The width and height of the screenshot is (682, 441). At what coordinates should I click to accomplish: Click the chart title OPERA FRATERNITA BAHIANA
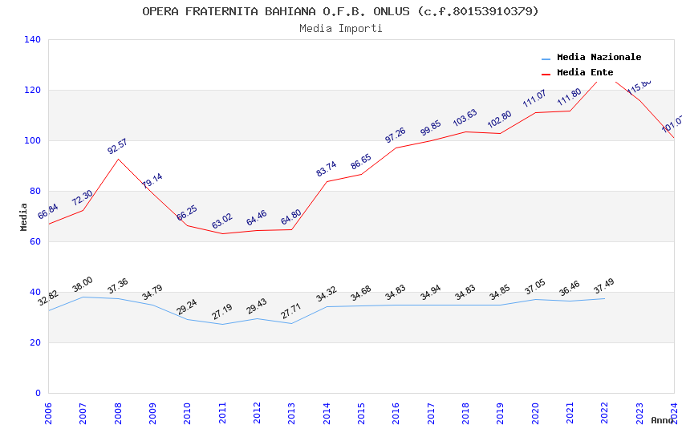[x=340, y=11]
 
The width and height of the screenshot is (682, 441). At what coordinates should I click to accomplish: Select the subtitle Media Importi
[x=340, y=29]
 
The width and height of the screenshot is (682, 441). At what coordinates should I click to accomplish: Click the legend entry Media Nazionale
[x=599, y=58]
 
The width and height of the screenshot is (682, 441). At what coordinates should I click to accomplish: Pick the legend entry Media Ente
[x=584, y=73]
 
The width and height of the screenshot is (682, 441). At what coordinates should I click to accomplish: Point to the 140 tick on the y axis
[x=33, y=39]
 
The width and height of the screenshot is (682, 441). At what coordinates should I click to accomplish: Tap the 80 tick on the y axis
[x=35, y=191]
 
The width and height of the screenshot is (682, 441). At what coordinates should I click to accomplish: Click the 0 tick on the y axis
[x=38, y=393]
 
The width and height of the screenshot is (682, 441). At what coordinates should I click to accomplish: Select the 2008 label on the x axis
[x=117, y=415]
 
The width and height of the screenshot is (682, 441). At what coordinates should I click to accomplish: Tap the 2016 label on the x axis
[x=395, y=415]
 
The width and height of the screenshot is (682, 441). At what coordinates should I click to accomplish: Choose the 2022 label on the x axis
[x=603, y=415]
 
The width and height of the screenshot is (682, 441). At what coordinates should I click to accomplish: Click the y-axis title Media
[x=24, y=216]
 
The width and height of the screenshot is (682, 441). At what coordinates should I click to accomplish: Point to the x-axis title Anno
[x=662, y=420]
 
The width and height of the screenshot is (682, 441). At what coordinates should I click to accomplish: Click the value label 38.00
[x=83, y=285]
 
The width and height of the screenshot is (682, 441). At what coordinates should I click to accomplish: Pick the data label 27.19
[x=221, y=311]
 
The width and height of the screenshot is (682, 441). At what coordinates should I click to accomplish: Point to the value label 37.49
[x=603, y=286]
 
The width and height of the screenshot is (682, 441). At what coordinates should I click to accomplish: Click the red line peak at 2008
[x=118, y=159]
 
